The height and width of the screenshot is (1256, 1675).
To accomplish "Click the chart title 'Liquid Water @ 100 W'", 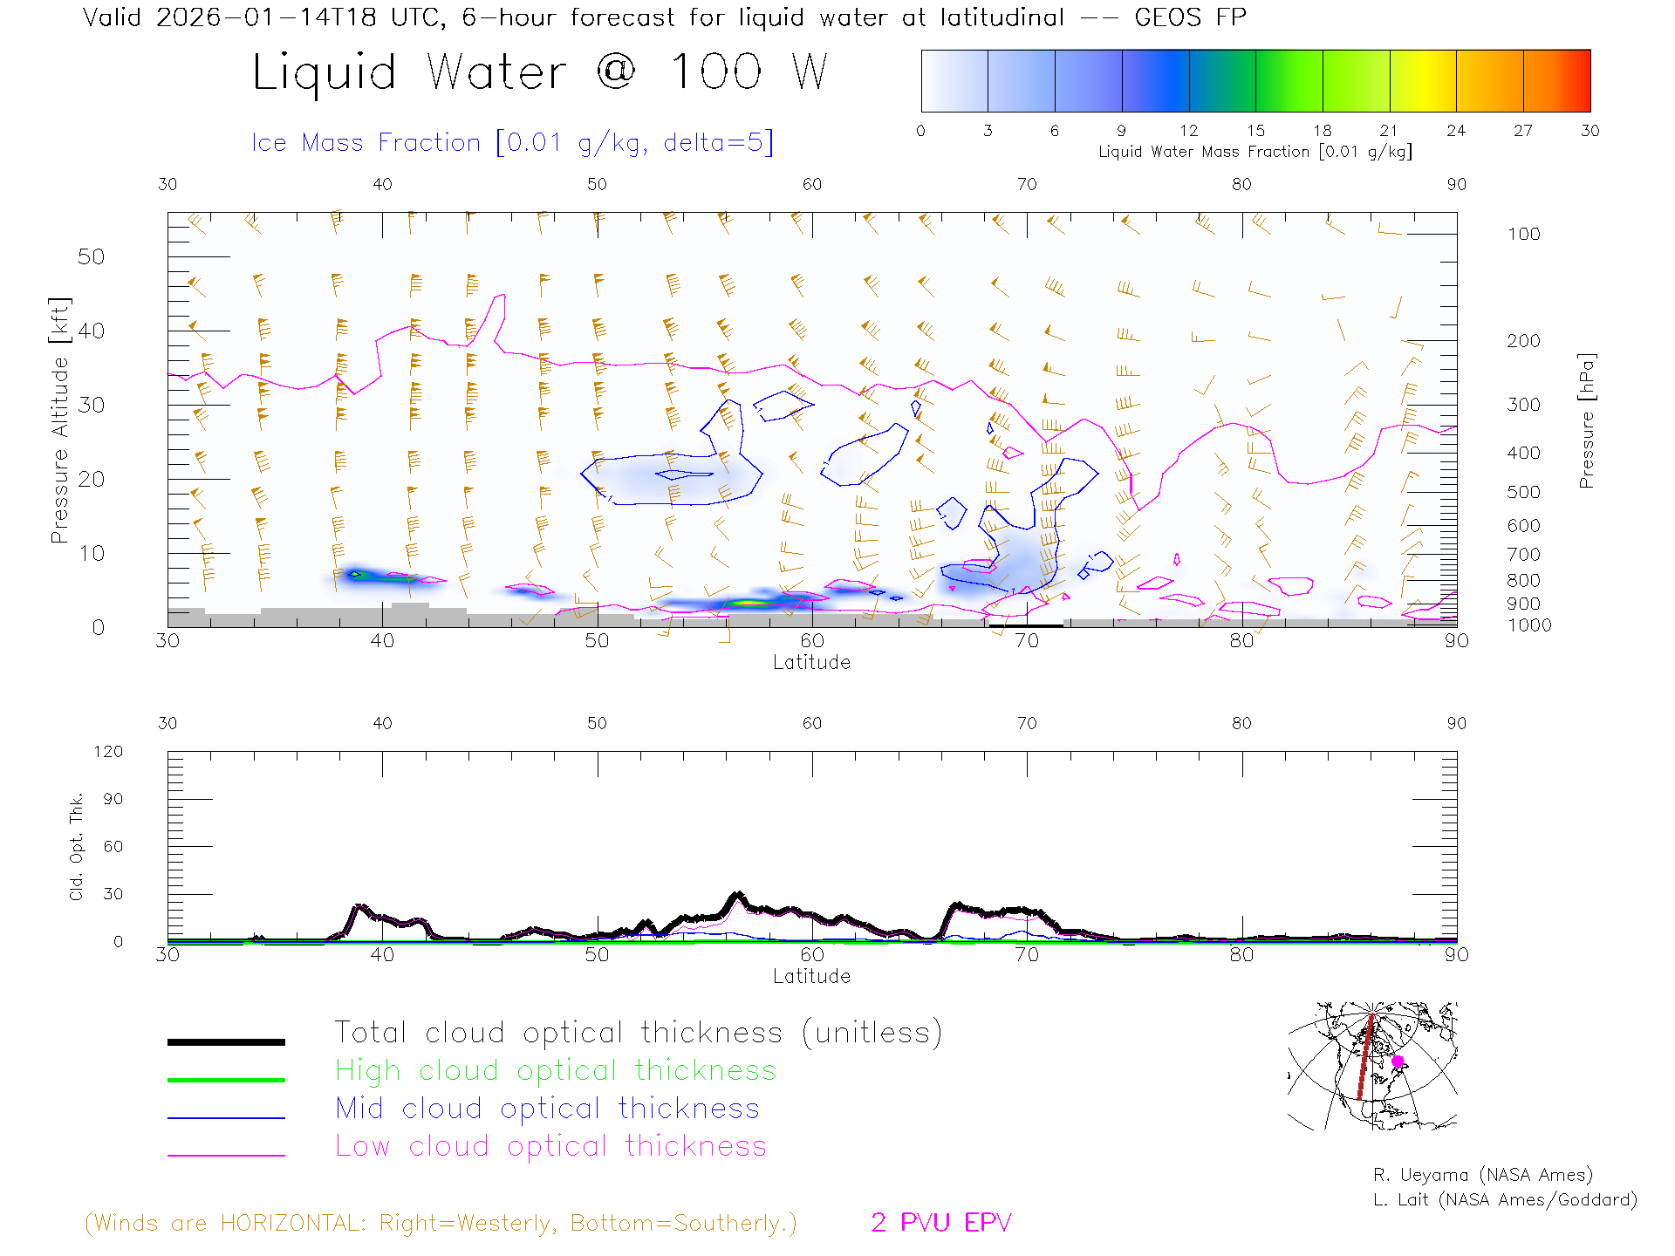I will pyautogui.click(x=539, y=72).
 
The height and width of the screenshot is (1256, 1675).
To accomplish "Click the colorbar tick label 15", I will pyautogui.click(x=1255, y=131).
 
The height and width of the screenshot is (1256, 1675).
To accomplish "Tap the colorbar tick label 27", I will pyautogui.click(x=1523, y=131).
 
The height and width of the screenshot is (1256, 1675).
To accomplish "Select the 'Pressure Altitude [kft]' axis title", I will pyautogui.click(x=59, y=420).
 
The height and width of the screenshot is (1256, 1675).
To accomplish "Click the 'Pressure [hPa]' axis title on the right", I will pyautogui.click(x=1586, y=420).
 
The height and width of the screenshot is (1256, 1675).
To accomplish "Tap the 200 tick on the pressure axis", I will pyautogui.click(x=1523, y=341).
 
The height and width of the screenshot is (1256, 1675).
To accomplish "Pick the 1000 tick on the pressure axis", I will pyautogui.click(x=1529, y=625).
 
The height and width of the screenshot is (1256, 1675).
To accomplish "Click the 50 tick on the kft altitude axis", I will pyautogui.click(x=91, y=256).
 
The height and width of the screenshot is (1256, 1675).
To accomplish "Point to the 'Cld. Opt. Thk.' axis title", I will pyautogui.click(x=77, y=846).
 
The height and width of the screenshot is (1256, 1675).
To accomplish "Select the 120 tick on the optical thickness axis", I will pyautogui.click(x=109, y=752).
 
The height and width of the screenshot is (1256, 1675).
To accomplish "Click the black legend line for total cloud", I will pyautogui.click(x=226, y=1041).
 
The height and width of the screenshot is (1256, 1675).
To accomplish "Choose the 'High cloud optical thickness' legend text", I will pyautogui.click(x=556, y=1070).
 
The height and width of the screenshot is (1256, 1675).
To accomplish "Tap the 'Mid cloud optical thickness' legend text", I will pyautogui.click(x=548, y=1109).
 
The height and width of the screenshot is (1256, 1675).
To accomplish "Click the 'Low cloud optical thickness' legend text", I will pyautogui.click(x=551, y=1146).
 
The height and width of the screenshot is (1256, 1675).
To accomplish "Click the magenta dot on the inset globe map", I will pyautogui.click(x=1398, y=1061).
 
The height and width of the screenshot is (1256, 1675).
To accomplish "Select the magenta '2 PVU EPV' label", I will pyautogui.click(x=941, y=1223).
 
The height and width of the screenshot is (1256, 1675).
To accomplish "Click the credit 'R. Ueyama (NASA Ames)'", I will pyautogui.click(x=1483, y=1175).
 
